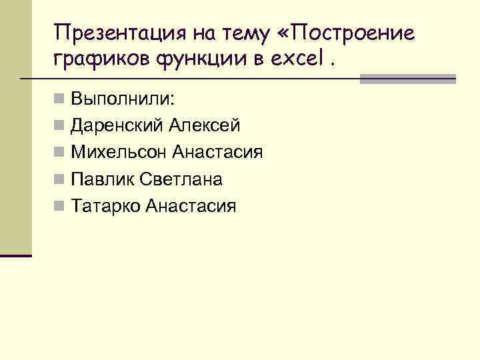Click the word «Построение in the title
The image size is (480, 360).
coord(353,32)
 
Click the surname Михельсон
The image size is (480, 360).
coord(119,153)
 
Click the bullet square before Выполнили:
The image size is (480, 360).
coord(60,100)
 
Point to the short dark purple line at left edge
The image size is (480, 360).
coord(16,255)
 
